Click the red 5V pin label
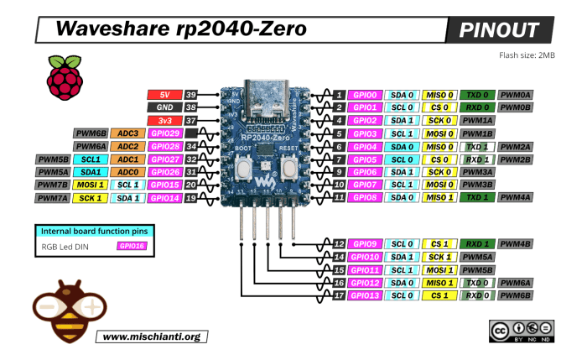164,95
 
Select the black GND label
164,107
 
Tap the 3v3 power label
164,121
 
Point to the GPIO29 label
164,133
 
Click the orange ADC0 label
127,172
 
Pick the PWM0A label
515,95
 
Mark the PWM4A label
515,197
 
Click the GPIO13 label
366,295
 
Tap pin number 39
191,95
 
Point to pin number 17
339,295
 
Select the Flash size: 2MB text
527,55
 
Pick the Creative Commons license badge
515,331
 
